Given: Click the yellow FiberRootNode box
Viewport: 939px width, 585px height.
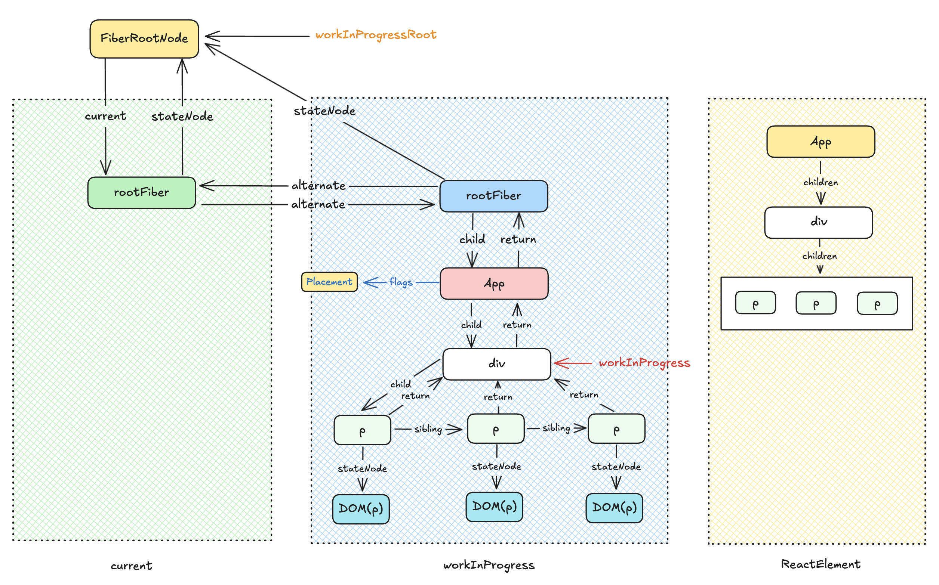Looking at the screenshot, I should point(144,39).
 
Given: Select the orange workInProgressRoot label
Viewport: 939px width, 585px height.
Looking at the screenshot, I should point(375,35).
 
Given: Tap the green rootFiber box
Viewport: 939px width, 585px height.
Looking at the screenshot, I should point(142,193).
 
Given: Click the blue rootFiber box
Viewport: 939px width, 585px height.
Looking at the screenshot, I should point(493,196).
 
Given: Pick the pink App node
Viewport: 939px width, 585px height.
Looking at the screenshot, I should point(494,284).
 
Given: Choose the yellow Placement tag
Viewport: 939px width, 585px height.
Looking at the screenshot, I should point(329,282).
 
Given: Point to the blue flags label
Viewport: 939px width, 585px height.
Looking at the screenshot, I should point(401,282).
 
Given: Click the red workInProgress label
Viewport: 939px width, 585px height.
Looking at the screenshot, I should point(644,363).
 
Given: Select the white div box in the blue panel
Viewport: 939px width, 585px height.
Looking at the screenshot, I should point(496,364).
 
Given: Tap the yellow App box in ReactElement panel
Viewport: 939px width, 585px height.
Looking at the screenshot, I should point(820,142).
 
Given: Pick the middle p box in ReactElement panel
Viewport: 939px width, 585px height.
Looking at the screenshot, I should point(816,303).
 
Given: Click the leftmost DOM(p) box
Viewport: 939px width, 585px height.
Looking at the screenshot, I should point(361,508).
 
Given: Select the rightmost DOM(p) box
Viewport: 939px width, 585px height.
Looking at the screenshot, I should point(614,508).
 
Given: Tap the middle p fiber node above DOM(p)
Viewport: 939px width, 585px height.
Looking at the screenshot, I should point(495,429).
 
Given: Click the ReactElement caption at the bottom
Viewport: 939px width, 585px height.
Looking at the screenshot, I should point(820,564).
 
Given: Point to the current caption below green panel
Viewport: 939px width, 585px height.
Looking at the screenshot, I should point(131,566).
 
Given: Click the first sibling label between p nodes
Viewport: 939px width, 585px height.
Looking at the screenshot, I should point(428,429).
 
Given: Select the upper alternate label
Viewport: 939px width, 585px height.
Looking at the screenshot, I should point(318,186).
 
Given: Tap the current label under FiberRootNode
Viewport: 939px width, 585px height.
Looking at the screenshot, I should point(105,116).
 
